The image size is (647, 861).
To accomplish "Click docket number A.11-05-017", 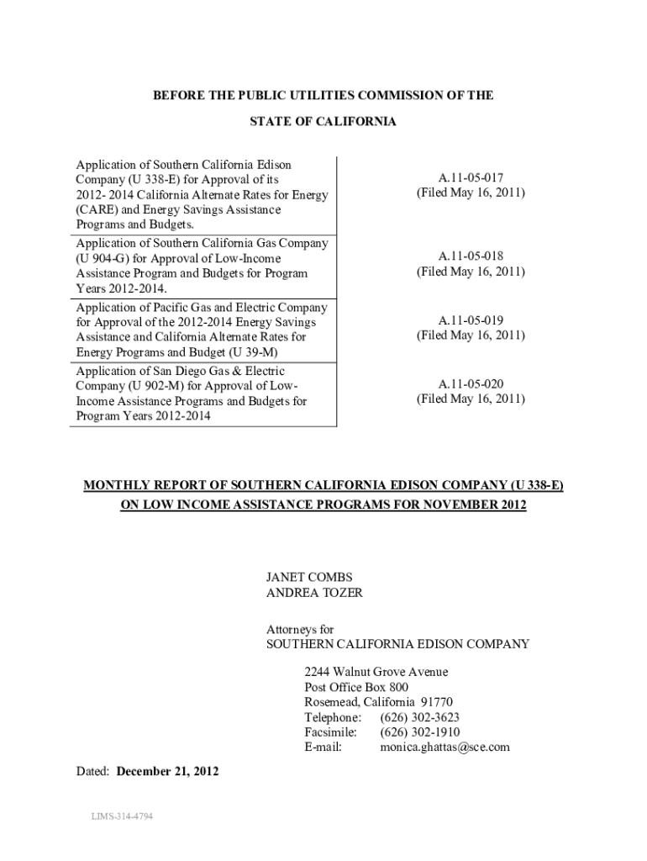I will (471, 177).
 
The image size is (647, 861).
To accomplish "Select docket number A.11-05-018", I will (471, 256).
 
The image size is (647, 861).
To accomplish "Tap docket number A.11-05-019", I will (471, 320).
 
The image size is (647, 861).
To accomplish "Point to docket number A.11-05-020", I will (471, 383).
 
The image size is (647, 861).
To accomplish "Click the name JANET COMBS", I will (309, 577).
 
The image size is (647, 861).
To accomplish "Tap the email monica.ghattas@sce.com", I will (444, 747).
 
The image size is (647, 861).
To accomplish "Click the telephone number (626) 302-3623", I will (419, 717).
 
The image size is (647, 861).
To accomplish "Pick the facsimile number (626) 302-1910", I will (419, 732).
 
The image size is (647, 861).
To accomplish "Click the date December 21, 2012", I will (167, 771).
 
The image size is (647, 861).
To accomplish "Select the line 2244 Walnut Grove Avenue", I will (376, 672).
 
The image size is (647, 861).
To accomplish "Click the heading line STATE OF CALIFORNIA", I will (323, 122).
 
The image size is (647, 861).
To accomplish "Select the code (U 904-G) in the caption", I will (104, 258).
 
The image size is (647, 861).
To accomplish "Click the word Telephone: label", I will (333, 717).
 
